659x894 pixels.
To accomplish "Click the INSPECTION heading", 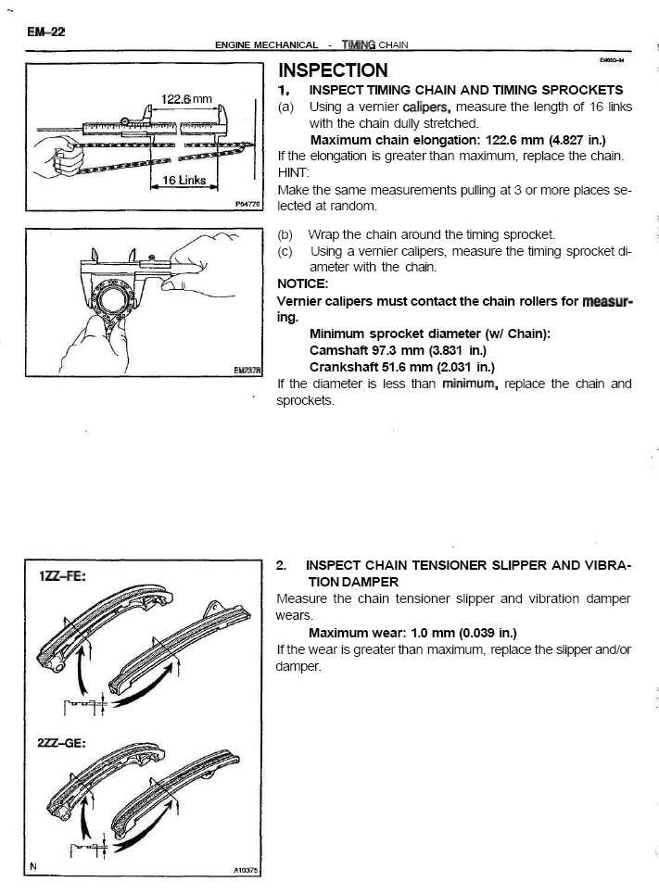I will click(334, 70).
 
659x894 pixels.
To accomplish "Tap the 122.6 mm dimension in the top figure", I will click(186, 99).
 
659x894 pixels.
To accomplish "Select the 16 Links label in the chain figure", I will click(183, 180).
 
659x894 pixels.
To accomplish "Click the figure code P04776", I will click(250, 202).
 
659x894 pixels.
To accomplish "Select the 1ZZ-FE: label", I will click(59, 576).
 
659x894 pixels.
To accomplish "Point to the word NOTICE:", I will click(303, 284).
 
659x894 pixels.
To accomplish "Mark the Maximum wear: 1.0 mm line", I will click(412, 633).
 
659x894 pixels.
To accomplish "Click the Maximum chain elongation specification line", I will click(457, 140).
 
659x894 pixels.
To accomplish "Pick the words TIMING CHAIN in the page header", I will click(374, 44).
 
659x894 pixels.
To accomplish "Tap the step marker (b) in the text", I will click(286, 234).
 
